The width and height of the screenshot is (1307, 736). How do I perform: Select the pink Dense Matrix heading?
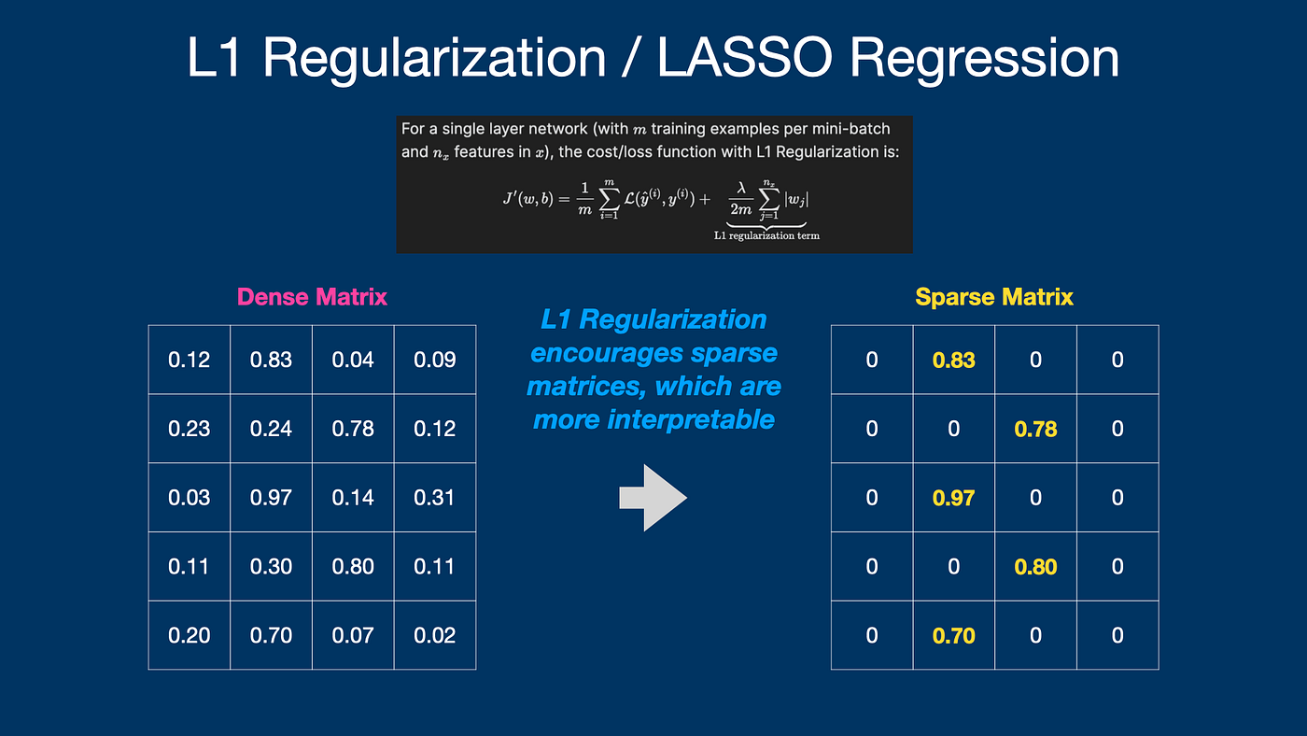click(312, 297)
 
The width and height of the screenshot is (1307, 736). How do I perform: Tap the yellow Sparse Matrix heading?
click(994, 297)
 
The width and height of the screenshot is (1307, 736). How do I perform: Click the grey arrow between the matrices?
click(653, 498)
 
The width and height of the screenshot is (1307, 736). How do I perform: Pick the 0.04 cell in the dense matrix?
click(353, 360)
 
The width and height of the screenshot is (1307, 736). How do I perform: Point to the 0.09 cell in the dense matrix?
click(435, 360)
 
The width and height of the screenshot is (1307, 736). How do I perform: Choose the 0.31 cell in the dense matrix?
click(435, 498)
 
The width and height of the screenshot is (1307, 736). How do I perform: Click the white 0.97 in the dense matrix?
click(271, 498)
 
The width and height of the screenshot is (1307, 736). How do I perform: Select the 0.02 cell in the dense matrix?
click(435, 635)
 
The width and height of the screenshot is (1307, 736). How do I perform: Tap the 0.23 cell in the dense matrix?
click(189, 429)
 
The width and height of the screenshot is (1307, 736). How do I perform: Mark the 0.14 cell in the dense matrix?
click(353, 498)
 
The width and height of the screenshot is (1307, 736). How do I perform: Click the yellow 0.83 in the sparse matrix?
click(953, 360)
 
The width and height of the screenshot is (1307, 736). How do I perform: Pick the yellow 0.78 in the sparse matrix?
click(1035, 429)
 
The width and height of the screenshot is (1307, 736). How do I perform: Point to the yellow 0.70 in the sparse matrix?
click(953, 635)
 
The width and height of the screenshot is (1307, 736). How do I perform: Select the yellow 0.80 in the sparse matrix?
click(1035, 566)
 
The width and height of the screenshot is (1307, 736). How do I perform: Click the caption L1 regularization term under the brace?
click(766, 235)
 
